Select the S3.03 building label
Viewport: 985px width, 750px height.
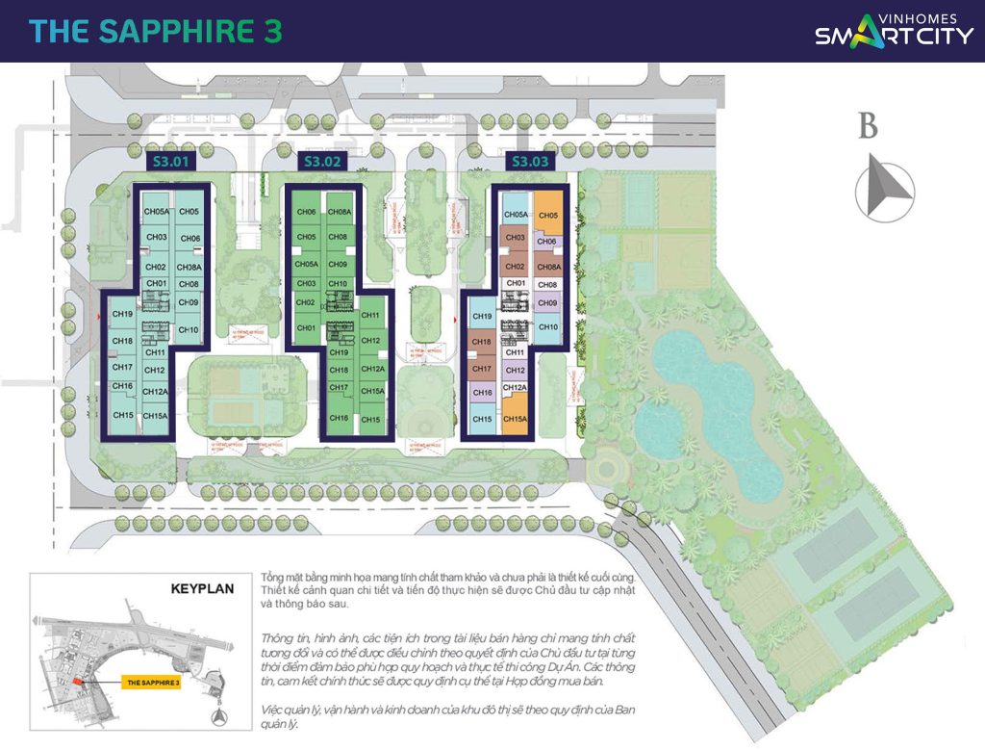pos(530,162)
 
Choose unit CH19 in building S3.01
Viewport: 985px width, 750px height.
pos(122,314)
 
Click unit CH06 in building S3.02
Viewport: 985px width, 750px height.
pos(307,212)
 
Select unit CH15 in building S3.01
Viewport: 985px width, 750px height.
pos(122,415)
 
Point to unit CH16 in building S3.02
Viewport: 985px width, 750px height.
pos(338,419)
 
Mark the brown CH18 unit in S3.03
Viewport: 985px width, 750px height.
pos(482,343)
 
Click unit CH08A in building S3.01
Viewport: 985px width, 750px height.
pos(189,268)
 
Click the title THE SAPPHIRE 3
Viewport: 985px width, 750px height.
pos(156,31)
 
